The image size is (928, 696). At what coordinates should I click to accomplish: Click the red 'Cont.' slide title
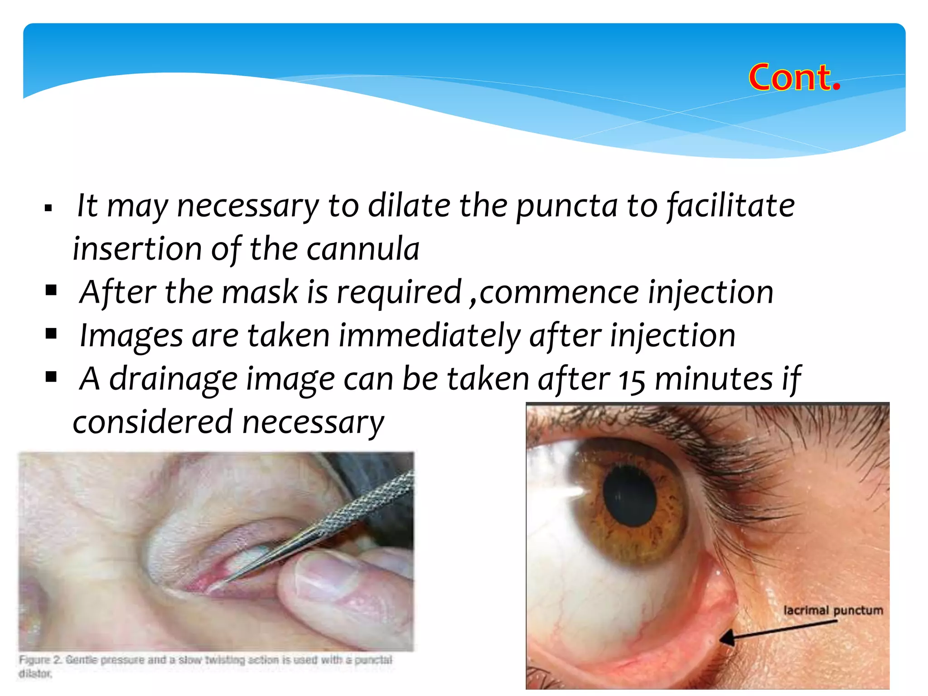(x=794, y=77)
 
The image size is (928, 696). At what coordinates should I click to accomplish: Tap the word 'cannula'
(x=363, y=249)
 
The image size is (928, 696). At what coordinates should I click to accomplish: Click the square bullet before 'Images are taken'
(x=51, y=334)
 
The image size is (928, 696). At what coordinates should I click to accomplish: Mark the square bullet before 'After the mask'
(x=51, y=290)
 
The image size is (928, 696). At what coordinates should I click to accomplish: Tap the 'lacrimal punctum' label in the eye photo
(x=833, y=610)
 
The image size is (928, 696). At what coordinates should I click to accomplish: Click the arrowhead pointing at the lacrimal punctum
(x=727, y=638)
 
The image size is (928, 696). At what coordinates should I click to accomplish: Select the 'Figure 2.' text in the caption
(x=40, y=660)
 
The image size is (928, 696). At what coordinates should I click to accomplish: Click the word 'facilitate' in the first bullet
(x=731, y=206)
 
